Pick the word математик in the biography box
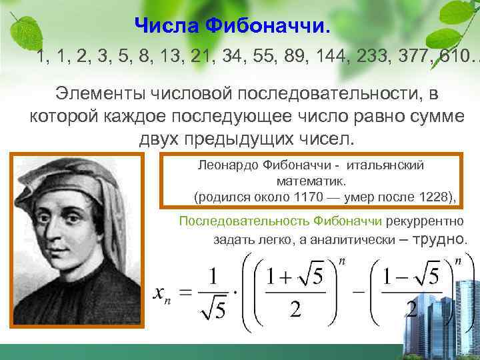307,181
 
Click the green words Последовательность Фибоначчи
279,221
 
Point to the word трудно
441,239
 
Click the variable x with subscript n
163,293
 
